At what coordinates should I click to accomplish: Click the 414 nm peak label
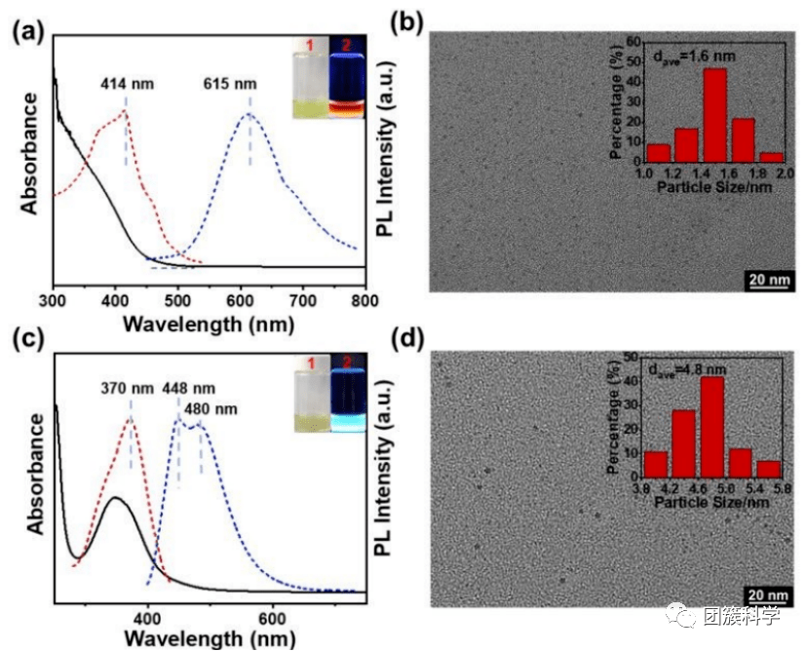pos(123,85)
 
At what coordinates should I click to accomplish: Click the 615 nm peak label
pos(231,85)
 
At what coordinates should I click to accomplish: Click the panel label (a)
pos(24,31)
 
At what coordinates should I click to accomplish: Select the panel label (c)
pos(24,341)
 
